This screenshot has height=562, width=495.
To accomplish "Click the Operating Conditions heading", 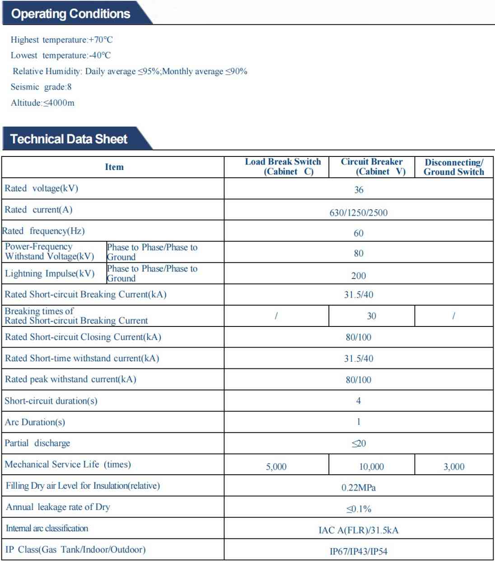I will (71, 14).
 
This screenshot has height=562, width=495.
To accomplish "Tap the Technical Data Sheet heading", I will (69, 139).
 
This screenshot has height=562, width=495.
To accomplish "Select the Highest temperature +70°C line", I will (62, 40).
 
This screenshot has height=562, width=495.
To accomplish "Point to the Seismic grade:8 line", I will (41, 87).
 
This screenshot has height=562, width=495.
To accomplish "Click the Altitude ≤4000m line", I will (43, 103).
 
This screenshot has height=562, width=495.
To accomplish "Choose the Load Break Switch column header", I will (283, 166).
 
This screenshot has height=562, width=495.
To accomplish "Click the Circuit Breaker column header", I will (372, 166).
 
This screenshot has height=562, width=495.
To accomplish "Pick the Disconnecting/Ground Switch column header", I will (453, 167).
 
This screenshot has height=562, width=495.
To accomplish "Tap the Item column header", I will (114, 167).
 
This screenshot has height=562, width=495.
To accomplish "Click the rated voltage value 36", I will (359, 190).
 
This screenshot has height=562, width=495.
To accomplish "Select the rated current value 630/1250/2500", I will (359, 213).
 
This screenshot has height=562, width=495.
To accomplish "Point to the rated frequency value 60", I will (359, 233).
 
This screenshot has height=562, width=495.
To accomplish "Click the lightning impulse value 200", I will (359, 276).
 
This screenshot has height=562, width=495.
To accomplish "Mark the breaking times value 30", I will (371, 316).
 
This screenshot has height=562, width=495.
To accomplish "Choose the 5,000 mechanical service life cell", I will (276, 467).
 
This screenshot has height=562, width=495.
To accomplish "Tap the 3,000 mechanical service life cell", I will (453, 467).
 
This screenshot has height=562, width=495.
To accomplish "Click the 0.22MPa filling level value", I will (359, 488).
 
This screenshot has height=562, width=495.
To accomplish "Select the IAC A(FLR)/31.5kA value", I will (359, 530).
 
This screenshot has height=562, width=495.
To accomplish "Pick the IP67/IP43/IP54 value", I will (359, 552).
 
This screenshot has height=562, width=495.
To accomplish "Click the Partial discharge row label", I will (37, 443).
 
